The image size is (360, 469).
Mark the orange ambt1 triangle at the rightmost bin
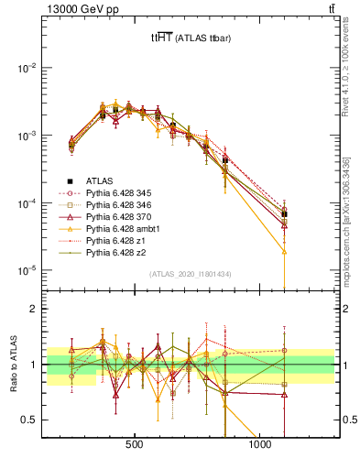(284, 251)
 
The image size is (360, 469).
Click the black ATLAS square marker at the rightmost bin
(284, 214)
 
